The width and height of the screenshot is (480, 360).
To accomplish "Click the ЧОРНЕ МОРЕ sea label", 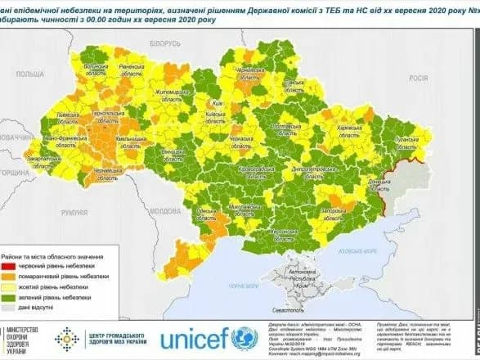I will (x=244, y=286).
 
